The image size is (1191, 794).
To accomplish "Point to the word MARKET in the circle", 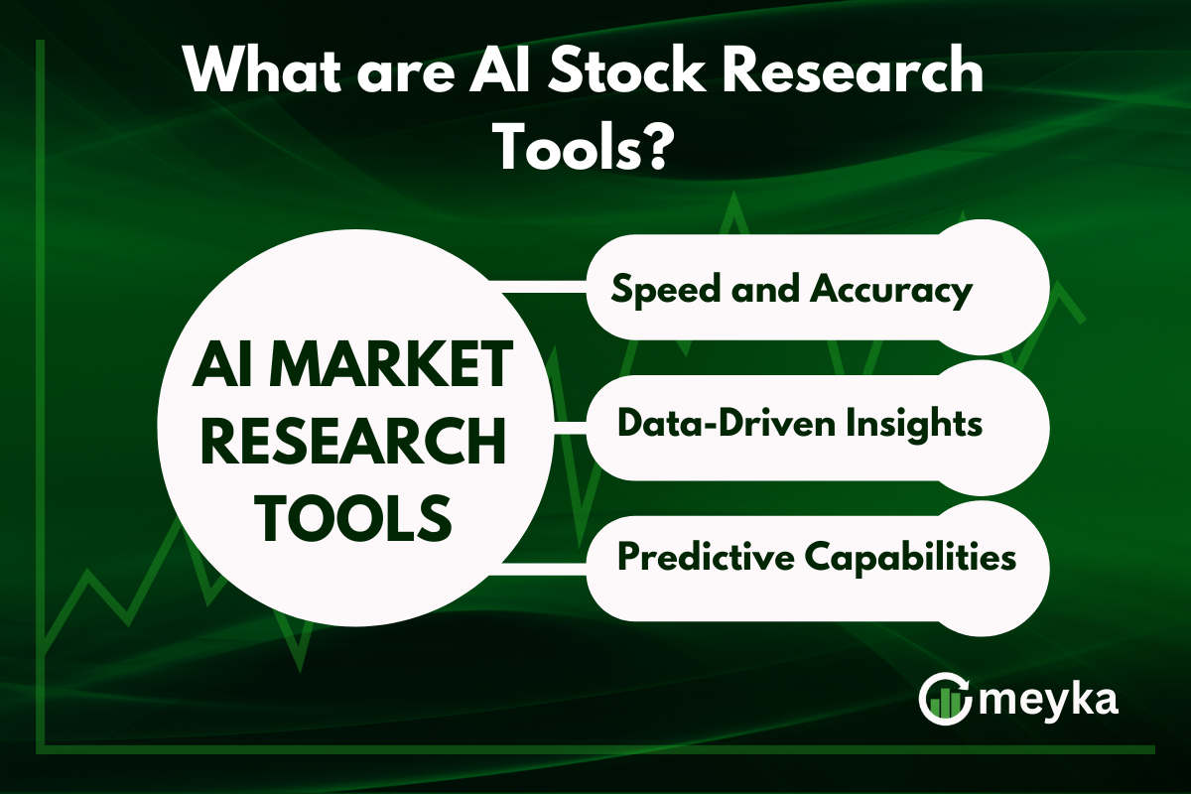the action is [x=392, y=366].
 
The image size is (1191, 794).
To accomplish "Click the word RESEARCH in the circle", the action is [x=353, y=441].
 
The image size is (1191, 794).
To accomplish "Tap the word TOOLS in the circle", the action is [x=354, y=516].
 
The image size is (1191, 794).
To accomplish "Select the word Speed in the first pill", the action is [x=666, y=291].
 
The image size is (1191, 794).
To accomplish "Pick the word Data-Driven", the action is [x=727, y=424].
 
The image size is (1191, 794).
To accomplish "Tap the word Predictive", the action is [x=706, y=558].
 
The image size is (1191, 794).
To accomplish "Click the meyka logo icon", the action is [x=945, y=699].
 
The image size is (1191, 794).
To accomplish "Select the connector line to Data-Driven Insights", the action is [x=570, y=428].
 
